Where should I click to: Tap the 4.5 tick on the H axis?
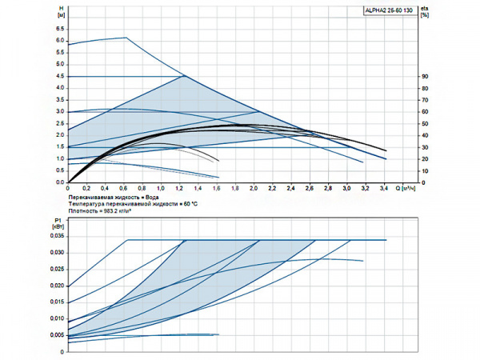(60, 76)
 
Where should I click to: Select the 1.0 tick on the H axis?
(60, 159)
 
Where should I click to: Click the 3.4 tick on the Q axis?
(385, 188)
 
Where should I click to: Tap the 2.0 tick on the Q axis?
(254, 188)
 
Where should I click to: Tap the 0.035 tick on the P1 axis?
(58, 237)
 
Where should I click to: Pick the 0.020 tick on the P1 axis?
(58, 286)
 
